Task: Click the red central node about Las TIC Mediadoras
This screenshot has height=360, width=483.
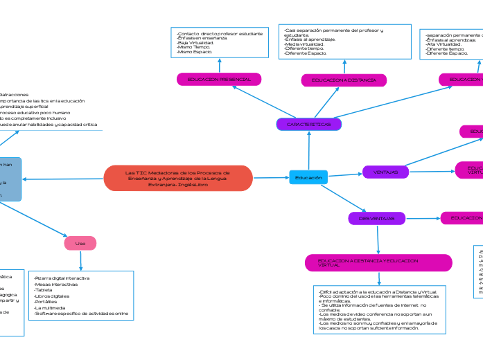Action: pos(177,178)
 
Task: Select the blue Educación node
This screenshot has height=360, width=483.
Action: pos(308,178)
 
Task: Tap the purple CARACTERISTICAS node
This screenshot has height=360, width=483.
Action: pos(309,125)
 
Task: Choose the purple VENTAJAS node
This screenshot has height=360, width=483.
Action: pos(385,172)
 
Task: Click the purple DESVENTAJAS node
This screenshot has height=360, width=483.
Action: pos(376,219)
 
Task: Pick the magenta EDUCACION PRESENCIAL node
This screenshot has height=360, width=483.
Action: pos(219,80)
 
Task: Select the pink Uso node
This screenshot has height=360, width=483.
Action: pos(80,244)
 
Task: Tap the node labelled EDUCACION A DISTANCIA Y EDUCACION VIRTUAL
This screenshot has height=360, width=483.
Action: pos(378,263)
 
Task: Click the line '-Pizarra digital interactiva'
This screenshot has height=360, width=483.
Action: pos(62,278)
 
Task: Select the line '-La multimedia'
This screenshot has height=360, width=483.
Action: pos(51,307)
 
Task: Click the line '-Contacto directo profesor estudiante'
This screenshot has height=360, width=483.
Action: pos(220,33)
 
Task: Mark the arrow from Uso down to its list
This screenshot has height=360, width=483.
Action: pos(80,260)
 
